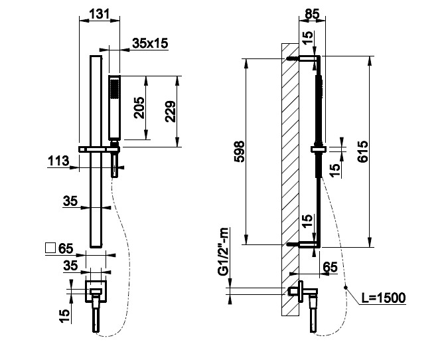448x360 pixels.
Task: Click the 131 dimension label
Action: (99, 14)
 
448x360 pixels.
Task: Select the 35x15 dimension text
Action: (150, 43)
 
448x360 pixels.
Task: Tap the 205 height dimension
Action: (140, 108)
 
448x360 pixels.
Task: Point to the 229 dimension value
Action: (171, 112)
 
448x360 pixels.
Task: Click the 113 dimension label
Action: (58, 161)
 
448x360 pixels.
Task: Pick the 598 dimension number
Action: (239, 151)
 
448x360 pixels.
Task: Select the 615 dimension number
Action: (363, 151)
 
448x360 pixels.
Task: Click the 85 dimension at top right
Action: (312, 14)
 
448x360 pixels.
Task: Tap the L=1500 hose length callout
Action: (384, 298)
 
